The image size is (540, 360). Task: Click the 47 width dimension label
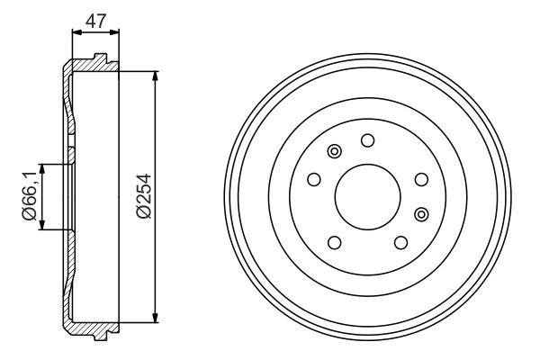[94, 18]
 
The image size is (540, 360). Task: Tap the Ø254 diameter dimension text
[141, 195]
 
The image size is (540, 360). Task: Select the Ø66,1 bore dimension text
[28, 197]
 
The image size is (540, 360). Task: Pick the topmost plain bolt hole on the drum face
[367, 139]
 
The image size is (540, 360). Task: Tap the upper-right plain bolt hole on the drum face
[420, 179]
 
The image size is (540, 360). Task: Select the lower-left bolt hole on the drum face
[335, 242]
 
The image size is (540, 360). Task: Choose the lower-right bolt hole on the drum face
[400, 242]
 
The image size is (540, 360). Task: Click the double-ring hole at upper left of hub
[335, 151]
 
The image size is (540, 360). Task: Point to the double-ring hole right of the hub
[422, 213]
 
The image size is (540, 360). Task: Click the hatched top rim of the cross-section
[90, 66]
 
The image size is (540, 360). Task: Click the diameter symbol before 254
[141, 215]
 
